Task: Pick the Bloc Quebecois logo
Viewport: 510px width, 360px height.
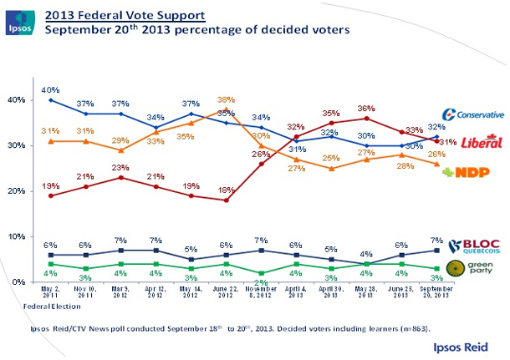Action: pos(474,246)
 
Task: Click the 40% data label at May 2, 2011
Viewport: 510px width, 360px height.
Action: pos(52,89)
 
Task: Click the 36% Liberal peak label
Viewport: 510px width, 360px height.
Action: pos(365,108)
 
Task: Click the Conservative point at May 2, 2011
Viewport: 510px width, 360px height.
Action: pos(52,100)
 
